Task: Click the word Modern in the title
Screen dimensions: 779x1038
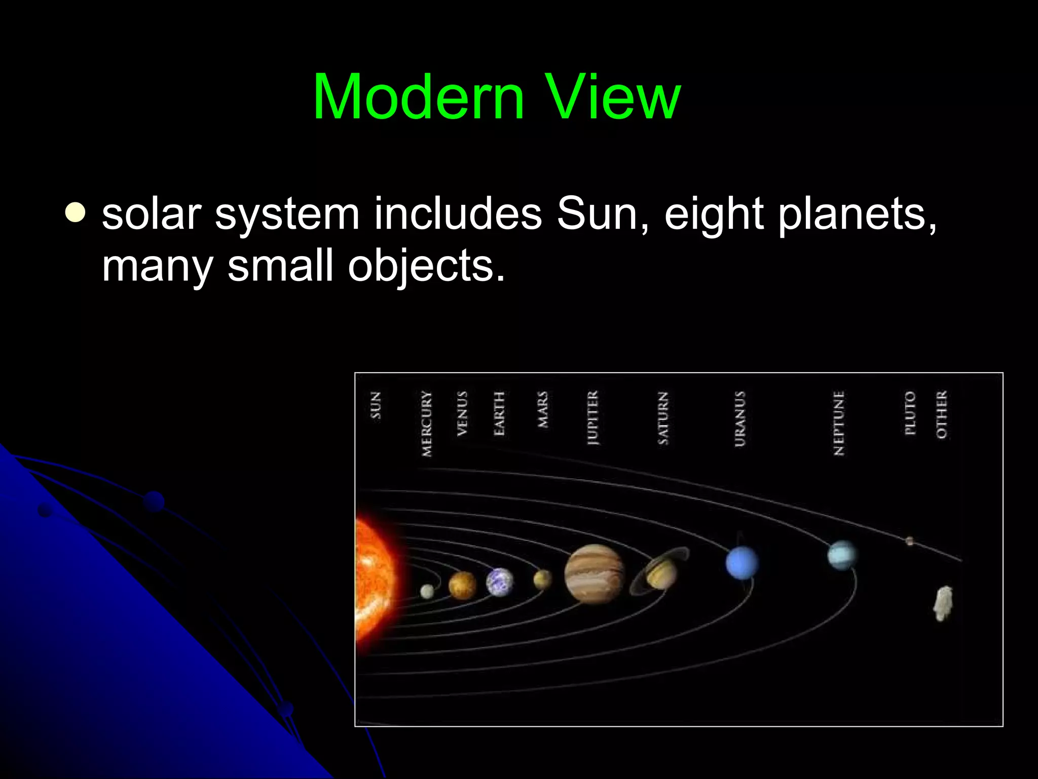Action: coord(419,97)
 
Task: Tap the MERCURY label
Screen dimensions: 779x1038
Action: coord(427,423)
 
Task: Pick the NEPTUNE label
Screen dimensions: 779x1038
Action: coord(839,423)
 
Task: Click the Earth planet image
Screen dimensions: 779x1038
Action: coord(500,582)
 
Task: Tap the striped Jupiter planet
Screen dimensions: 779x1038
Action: coord(594,574)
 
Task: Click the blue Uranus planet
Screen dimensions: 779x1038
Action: coord(742,563)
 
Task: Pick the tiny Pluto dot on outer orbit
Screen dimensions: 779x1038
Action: coord(909,541)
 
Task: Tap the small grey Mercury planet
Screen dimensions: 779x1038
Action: coord(427,591)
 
